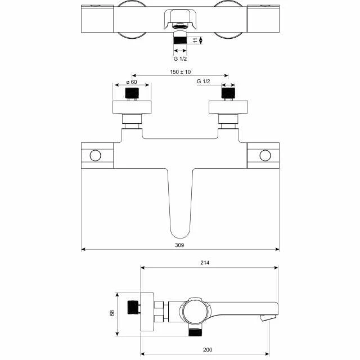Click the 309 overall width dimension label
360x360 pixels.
point(179,245)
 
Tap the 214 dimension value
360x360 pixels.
point(205,263)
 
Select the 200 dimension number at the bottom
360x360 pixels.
point(208,350)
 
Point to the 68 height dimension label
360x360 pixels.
point(112,313)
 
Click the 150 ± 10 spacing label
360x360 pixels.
point(180,72)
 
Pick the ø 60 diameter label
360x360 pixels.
point(132,82)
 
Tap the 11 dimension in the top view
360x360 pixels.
point(195,40)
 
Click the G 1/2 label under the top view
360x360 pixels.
point(180,58)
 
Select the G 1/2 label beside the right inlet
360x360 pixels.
point(204,81)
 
